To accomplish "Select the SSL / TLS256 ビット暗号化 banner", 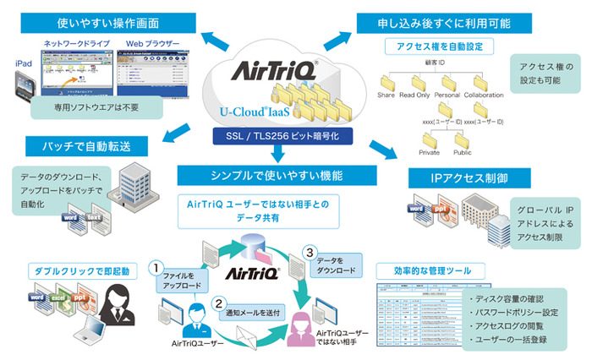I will click(x=277, y=136).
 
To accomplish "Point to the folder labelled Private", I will click(x=430, y=139).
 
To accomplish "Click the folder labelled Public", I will click(x=463, y=139).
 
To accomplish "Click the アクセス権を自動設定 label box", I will click(x=434, y=45).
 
